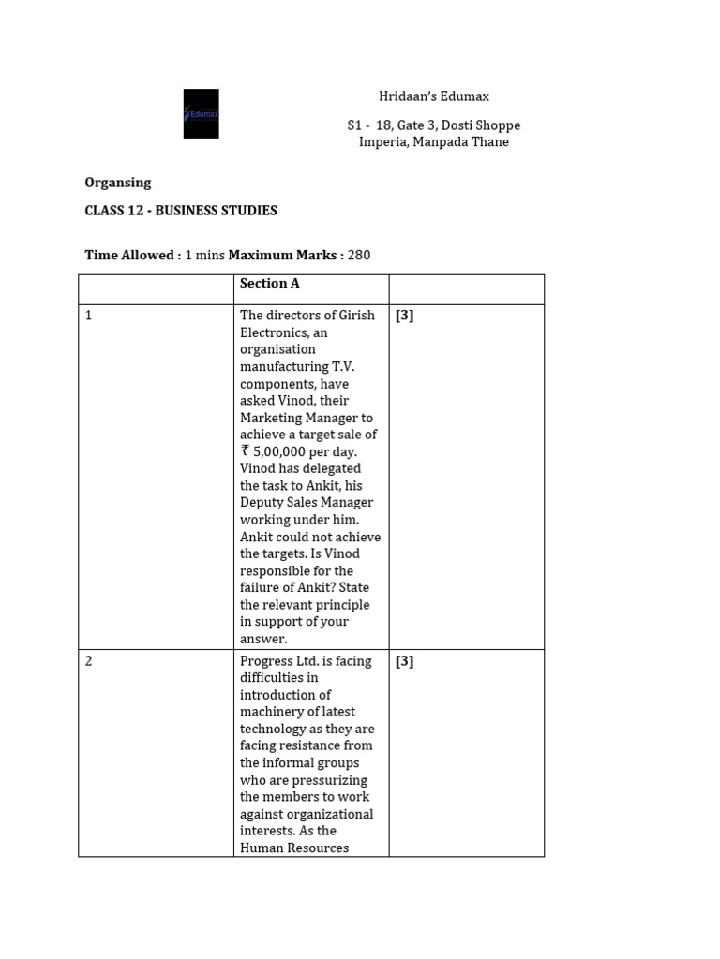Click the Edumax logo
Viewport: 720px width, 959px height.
click(x=201, y=113)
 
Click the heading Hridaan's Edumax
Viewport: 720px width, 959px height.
click(x=433, y=96)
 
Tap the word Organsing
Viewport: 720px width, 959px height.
click(x=117, y=183)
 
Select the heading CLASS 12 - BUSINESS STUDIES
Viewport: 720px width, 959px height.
click(x=181, y=211)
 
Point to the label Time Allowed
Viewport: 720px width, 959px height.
click(x=131, y=255)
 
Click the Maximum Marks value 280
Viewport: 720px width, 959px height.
click(x=359, y=255)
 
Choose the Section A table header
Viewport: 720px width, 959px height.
click(x=269, y=284)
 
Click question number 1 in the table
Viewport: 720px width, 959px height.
click(x=89, y=316)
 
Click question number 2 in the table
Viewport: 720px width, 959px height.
click(x=89, y=661)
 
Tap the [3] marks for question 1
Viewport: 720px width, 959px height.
click(x=404, y=316)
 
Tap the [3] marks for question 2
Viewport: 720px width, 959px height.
click(x=404, y=661)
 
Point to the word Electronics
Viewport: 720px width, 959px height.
click(x=272, y=332)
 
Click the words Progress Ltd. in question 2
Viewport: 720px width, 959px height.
click(x=281, y=661)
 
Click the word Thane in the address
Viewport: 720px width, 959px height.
click(x=490, y=142)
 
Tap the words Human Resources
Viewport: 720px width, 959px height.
click(x=293, y=848)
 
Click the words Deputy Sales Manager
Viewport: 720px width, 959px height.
click(x=301, y=503)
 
